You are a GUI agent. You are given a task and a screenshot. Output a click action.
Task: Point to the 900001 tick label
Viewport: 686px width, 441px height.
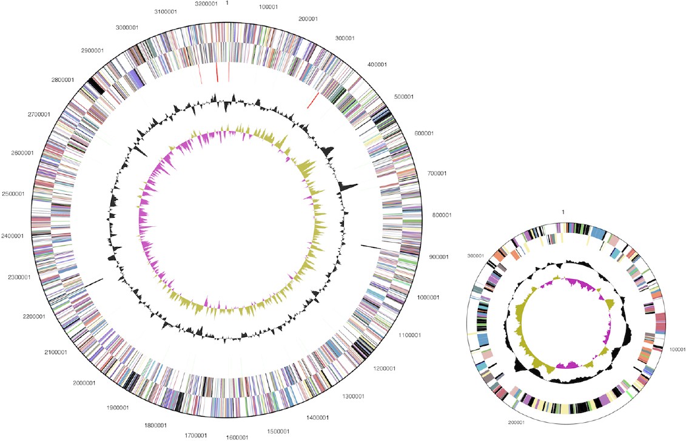[x=437, y=257]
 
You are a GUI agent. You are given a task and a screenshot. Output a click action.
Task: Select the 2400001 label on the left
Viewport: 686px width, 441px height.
[x=13, y=236]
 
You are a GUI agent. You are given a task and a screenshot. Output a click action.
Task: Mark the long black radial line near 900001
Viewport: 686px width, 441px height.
[x=371, y=247]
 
